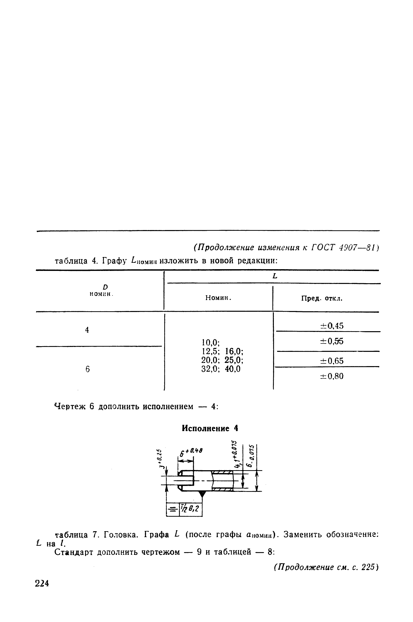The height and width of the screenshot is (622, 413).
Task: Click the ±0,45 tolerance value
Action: click(332, 326)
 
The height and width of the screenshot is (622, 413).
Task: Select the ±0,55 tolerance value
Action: click(332, 341)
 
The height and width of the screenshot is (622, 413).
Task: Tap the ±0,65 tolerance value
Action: click(332, 361)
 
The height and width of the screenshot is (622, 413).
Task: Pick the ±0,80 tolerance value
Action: click(332, 376)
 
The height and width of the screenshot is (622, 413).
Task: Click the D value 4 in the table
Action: click(87, 330)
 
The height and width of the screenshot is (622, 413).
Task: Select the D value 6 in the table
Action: click(87, 369)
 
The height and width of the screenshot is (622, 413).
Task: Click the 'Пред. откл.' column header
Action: click(322, 299)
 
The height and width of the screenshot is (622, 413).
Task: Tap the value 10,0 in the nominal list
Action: click(211, 342)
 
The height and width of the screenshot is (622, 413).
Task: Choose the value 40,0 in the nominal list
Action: click(232, 369)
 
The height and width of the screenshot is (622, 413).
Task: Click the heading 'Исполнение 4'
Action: click(210, 429)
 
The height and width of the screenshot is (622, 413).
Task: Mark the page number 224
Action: click(42, 583)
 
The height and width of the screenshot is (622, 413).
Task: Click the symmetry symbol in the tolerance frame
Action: click(173, 510)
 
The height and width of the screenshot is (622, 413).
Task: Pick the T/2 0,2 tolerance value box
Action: click(191, 510)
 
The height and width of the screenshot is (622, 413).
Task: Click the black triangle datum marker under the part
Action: click(202, 494)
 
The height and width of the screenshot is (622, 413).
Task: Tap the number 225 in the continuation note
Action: click(368, 567)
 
